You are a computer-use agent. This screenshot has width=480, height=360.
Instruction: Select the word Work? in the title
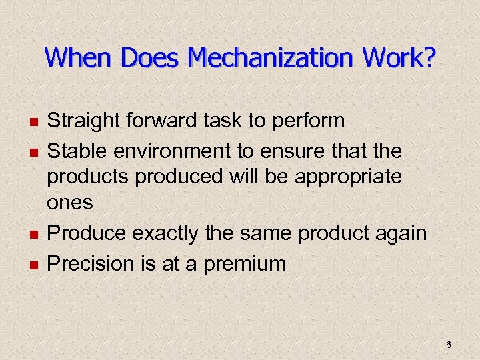[x=399, y=58]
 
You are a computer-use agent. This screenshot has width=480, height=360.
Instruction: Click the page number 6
[x=449, y=345]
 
